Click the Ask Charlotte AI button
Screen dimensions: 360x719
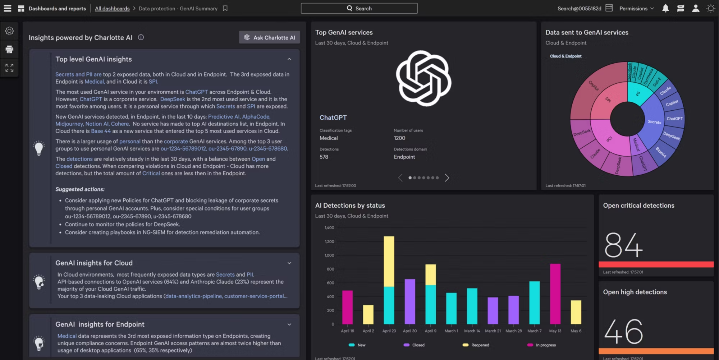270,37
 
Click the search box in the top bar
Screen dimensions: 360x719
359,8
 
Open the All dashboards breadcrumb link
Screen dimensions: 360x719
112,9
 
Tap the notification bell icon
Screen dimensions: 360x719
665,8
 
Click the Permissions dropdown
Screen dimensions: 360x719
636,9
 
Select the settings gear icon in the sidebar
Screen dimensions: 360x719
9,31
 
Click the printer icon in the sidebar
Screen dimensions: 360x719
9,49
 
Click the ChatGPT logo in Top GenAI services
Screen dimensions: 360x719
423,78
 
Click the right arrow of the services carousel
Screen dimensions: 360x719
447,178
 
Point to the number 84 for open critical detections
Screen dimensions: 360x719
623,245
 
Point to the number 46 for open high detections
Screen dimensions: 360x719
623,332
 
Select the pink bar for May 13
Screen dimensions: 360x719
555,294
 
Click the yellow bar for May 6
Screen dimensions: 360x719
576,312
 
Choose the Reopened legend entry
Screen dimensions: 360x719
476,345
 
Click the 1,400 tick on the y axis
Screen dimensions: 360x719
329,228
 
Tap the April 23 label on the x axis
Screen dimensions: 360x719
389,331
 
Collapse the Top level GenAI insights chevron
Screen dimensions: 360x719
289,59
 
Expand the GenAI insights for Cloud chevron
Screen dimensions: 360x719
289,263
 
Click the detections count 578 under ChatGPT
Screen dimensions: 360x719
324,157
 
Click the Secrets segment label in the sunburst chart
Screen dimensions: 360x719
654,122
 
